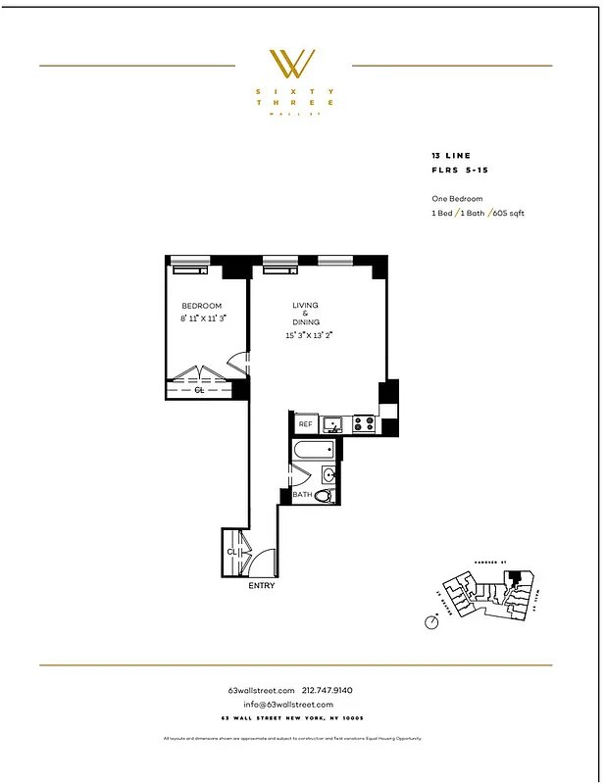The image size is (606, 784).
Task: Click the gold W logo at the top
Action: pos(293,64)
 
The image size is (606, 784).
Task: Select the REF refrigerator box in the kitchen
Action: pos(305,424)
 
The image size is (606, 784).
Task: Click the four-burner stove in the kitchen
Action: pos(363,424)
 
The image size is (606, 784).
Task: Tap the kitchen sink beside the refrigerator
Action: pos(333,424)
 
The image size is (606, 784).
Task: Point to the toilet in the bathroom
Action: pos(324,496)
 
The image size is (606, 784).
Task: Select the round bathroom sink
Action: pos(329,476)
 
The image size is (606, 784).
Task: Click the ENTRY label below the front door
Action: pos(261,586)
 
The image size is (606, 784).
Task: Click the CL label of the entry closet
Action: pos(231,552)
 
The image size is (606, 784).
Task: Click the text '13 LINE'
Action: pos(451,156)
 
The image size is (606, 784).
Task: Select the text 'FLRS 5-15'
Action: pos(459,170)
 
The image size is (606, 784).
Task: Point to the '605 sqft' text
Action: pos(508,213)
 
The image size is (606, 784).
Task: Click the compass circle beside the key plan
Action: pos(430,621)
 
